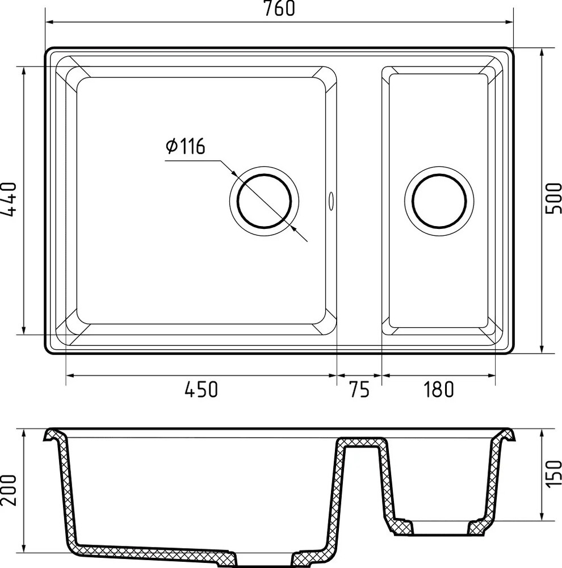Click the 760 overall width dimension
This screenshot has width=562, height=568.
[279, 9]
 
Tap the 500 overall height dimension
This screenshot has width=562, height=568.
[553, 198]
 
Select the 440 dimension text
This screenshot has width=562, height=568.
[9, 199]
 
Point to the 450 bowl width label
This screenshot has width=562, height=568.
[202, 390]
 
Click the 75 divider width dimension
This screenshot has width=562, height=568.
[359, 390]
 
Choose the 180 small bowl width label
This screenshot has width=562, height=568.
[438, 390]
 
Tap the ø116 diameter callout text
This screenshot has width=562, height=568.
[186, 146]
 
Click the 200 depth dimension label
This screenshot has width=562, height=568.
[9, 490]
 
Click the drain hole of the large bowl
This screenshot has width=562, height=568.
[265, 201]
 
